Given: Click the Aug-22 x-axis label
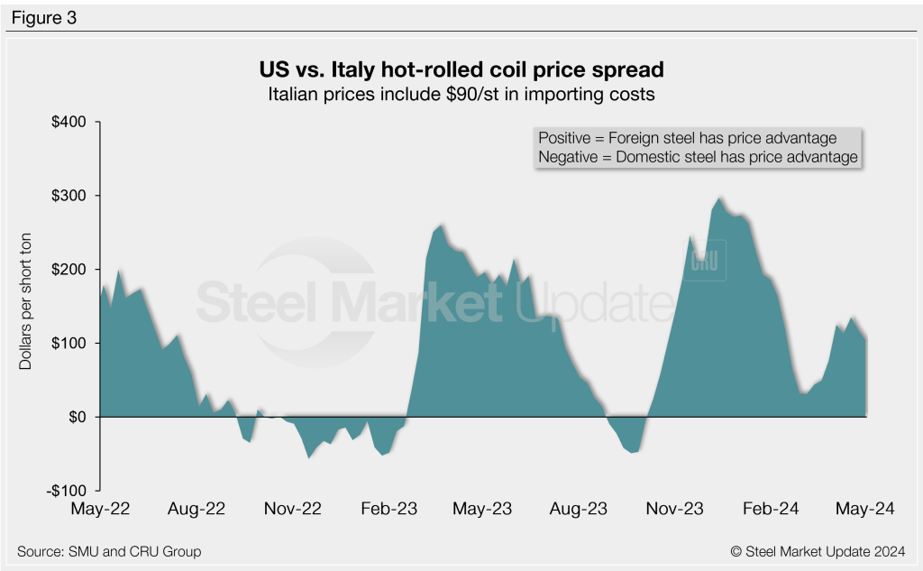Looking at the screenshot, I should point(197,510).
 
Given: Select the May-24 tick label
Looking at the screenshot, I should point(863,510).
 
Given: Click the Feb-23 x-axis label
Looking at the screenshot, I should point(389,510).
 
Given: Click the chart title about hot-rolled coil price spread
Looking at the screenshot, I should point(461,69).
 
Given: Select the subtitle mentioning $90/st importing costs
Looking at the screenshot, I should point(461,93).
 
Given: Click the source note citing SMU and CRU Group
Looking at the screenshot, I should point(109,551).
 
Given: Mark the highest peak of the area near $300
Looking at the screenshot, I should point(719,198).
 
